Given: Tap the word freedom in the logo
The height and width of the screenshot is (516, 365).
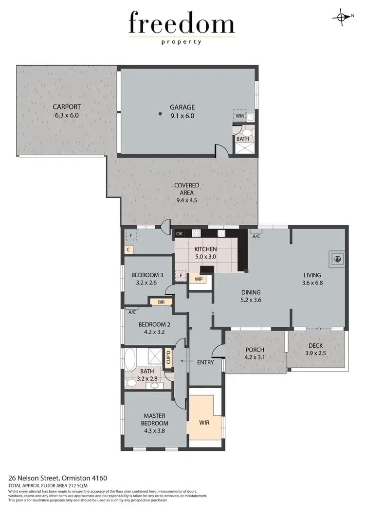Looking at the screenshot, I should click(x=182, y=24).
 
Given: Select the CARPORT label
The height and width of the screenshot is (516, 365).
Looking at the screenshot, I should click(x=67, y=107).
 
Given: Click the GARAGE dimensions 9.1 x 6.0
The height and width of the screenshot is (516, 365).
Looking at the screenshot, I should click(x=182, y=116).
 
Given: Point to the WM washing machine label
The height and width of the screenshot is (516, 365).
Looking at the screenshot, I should click(x=239, y=116).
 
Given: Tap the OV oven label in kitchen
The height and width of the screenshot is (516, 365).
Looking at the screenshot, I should click(x=179, y=234).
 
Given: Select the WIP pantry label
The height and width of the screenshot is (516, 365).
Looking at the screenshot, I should click(x=198, y=279).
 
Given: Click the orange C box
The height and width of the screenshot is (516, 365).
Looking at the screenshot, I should click(x=128, y=250).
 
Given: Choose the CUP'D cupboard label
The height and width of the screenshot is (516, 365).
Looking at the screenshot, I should click(x=168, y=359).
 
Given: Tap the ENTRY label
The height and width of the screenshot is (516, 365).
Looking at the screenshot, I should click(x=205, y=362).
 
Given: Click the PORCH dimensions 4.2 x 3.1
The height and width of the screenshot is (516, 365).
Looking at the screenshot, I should click(x=255, y=357).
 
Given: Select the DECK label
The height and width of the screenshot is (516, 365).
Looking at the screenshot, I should click(x=315, y=346).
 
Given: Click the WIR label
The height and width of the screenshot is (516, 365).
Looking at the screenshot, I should click(x=204, y=423).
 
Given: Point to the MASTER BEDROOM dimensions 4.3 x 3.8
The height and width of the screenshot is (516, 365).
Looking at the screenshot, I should click(x=154, y=423).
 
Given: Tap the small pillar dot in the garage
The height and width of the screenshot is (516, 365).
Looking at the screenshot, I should click(x=160, y=114).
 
